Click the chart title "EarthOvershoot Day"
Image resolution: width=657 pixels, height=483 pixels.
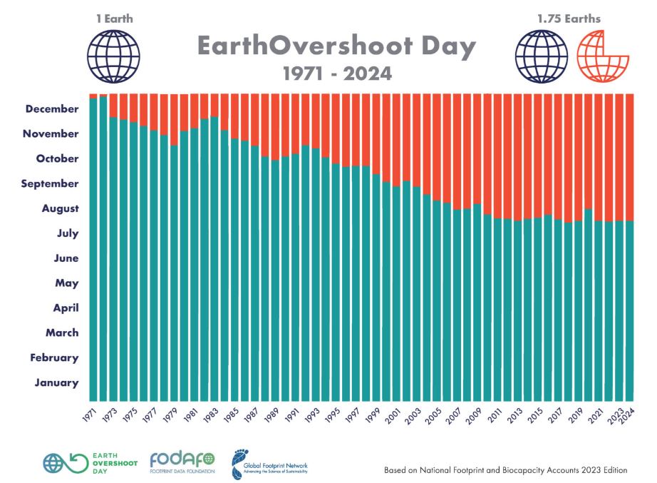[x=336, y=47]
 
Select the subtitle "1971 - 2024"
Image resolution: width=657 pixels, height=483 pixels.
[x=336, y=73]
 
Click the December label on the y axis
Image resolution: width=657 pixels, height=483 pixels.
[x=52, y=108]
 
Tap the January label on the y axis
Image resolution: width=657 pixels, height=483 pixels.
[x=56, y=382]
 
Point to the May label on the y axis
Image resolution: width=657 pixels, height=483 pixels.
[x=66, y=283]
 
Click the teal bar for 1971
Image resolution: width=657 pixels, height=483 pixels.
[x=93, y=250]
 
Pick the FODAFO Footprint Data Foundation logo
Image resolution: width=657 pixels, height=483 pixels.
[x=181, y=462]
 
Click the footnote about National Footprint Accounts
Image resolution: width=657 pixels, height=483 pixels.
[x=506, y=470]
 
